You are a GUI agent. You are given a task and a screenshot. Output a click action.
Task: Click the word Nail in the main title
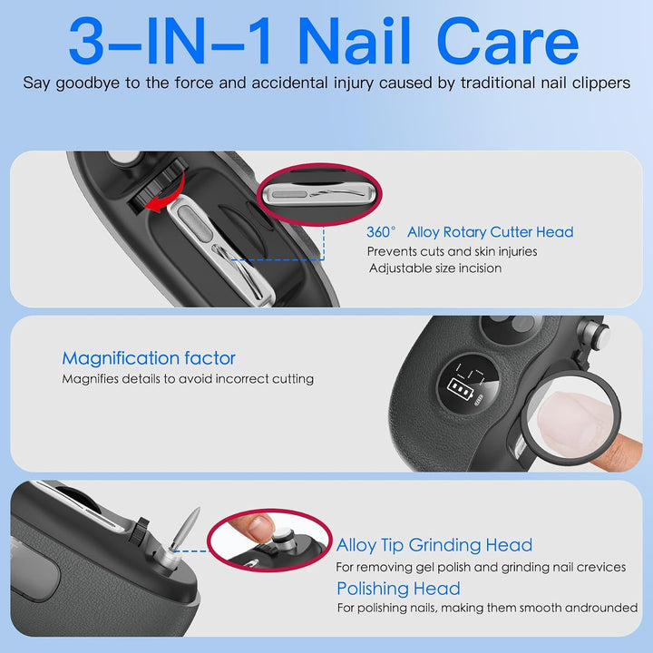[x=354, y=41]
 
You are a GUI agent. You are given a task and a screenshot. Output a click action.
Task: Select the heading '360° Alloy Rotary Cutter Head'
[x=470, y=232]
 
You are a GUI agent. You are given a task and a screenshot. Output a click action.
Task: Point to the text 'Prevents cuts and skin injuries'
[x=452, y=251]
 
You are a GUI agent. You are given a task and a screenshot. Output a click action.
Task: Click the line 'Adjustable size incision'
[x=435, y=268]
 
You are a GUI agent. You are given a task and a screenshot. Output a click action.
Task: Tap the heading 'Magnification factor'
[x=149, y=358]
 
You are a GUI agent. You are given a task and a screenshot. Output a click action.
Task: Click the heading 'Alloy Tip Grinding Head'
[x=434, y=545]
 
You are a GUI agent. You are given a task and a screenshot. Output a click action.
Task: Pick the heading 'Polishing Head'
[x=398, y=589]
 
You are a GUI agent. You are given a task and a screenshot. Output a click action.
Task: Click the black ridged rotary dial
[x=155, y=188]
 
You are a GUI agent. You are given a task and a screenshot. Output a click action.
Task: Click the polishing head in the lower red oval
[x=283, y=540]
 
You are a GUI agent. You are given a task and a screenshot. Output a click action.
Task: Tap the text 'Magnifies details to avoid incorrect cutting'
[x=188, y=379]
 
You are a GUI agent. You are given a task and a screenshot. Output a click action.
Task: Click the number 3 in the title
[x=86, y=41]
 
